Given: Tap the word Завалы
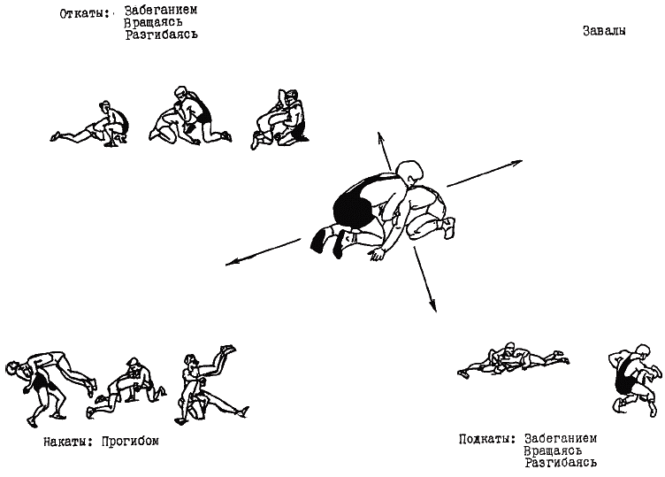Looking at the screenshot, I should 605,30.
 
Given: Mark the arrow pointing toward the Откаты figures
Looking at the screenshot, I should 384,147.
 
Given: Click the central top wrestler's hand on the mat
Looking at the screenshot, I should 379,256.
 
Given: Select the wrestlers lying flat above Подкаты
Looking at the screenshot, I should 508,358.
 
